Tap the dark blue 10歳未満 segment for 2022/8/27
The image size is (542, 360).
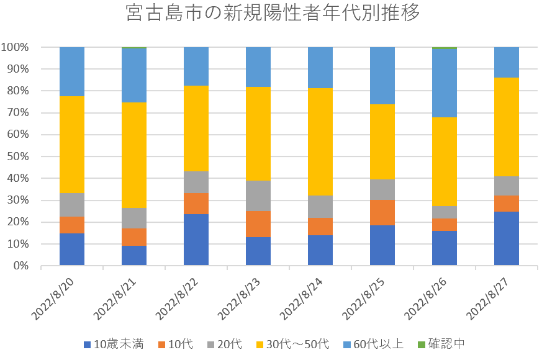point(507,238)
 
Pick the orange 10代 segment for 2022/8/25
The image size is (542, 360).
point(382,212)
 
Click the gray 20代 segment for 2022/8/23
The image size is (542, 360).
point(258,196)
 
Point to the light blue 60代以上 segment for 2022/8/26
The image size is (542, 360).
point(445,83)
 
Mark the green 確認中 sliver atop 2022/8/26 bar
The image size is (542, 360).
point(445,48)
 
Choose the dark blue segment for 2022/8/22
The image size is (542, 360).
point(196,240)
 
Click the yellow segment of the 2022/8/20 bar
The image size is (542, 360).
point(72,145)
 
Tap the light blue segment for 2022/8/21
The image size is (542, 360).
point(134,75)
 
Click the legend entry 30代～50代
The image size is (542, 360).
point(292,344)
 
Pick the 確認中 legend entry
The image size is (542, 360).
point(441,344)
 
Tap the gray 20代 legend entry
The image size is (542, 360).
point(229,344)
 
